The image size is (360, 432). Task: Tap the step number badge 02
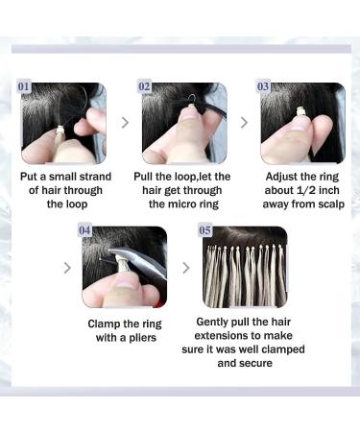[x=146, y=85]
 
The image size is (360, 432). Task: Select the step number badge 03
[x=264, y=85]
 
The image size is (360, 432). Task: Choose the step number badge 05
[x=205, y=230]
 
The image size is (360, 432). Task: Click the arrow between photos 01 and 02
[x=124, y=122]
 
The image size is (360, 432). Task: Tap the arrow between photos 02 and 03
[x=243, y=122]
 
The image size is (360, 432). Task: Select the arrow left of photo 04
[x=67, y=267]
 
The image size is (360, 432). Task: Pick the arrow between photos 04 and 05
[x=186, y=267]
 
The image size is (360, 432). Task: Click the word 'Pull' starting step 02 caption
[x=153, y=177]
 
